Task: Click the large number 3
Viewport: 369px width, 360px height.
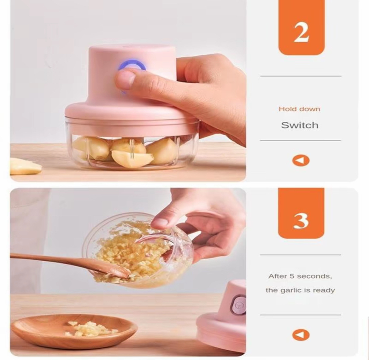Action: coord(301,221)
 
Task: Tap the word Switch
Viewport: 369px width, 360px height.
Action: coord(300,125)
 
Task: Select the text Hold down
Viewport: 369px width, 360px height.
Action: coord(300,109)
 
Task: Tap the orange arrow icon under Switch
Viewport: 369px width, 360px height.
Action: coord(301,160)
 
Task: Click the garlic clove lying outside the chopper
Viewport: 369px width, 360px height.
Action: coord(25,166)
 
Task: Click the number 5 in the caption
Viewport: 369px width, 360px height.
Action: coord(292,276)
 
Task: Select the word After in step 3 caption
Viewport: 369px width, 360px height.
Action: coord(278,276)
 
